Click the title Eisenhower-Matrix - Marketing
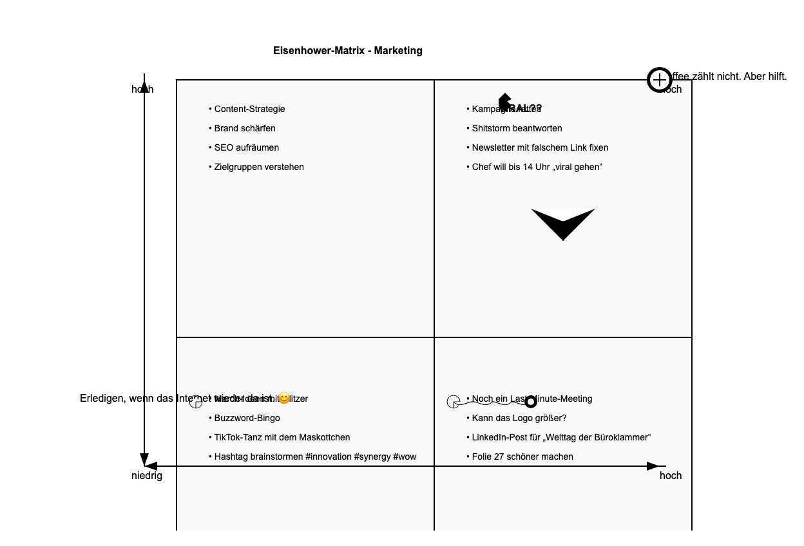(x=347, y=51)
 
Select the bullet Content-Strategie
(x=249, y=109)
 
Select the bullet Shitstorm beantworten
(x=517, y=129)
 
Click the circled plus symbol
(x=659, y=80)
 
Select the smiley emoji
(x=284, y=399)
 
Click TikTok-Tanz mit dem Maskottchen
(x=282, y=438)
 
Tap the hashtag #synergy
(x=372, y=457)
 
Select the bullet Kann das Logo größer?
(x=519, y=419)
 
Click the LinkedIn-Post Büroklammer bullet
(x=560, y=438)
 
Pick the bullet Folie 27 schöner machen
(x=522, y=457)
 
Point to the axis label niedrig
(x=147, y=476)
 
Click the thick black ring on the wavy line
(x=531, y=402)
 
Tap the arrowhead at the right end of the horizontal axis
(x=653, y=466)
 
